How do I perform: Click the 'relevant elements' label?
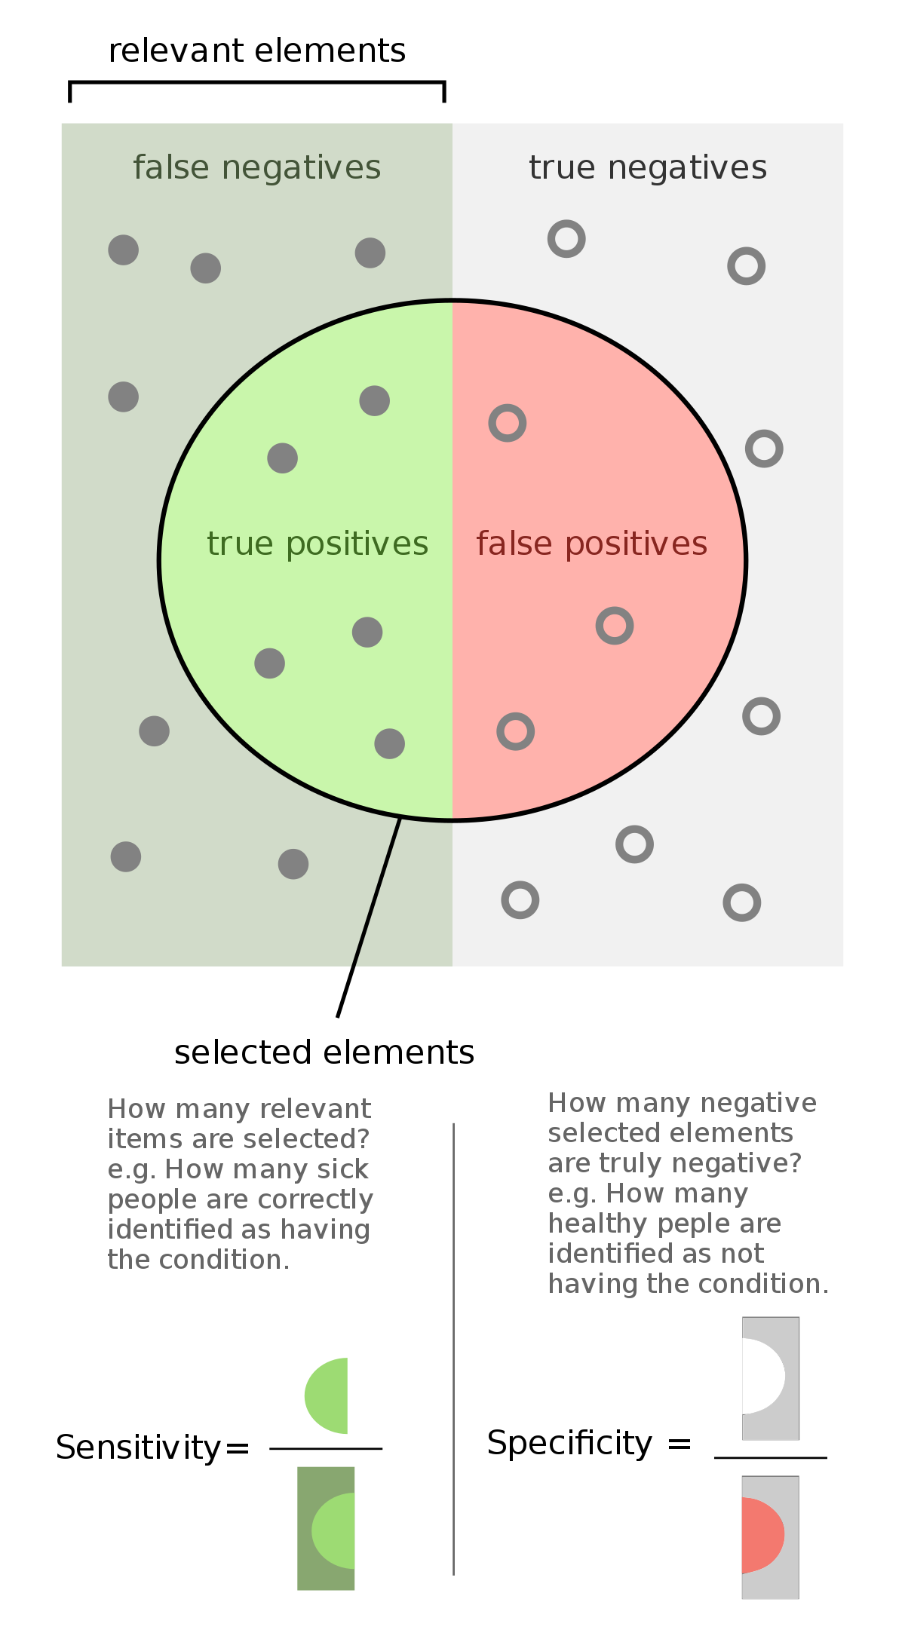pos(257,51)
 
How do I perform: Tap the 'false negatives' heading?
pos(257,167)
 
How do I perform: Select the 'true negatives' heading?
pos(648,167)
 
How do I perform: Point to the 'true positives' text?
pos(318,544)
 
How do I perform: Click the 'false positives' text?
pos(592,544)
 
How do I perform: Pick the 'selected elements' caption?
pos(324,1052)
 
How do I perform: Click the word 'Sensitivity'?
pos(138,1447)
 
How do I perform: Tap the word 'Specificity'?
pos(569,1444)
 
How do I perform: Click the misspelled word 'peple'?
pos(688,1224)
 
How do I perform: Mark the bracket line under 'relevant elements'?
pos(257,83)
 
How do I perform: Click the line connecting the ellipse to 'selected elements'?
pos(369,917)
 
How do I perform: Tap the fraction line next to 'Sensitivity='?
pos(326,1448)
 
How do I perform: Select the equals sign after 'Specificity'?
pos(680,1444)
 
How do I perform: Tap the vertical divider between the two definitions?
pos(453,1349)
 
